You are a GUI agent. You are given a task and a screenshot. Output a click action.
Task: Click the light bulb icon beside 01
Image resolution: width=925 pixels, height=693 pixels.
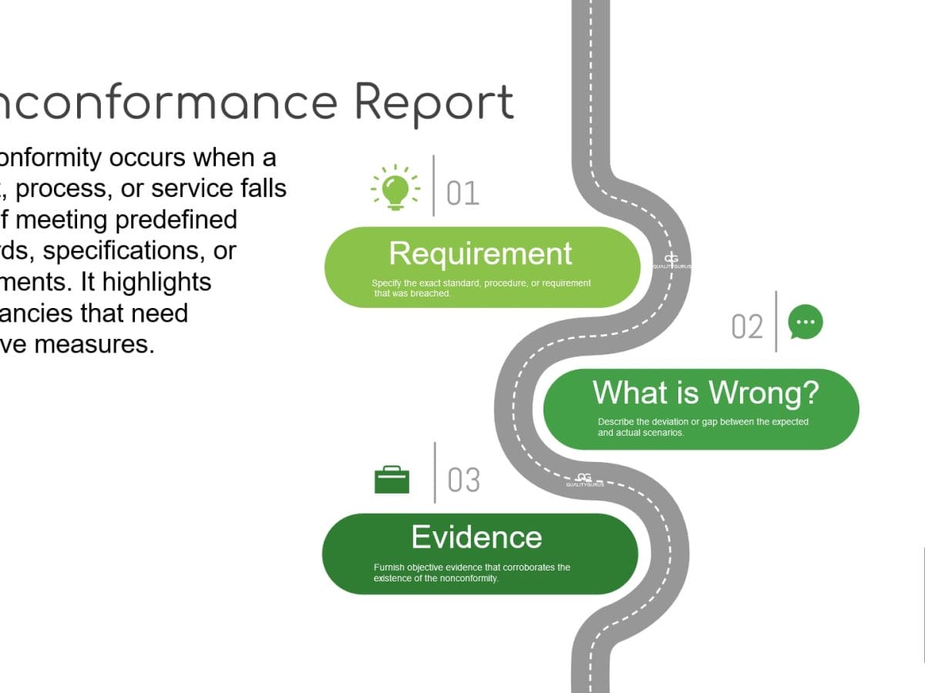(x=395, y=187)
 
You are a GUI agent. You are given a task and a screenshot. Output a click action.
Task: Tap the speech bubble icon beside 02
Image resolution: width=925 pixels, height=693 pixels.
(x=806, y=322)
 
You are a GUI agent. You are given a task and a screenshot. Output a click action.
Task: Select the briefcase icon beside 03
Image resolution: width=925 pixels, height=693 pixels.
(x=392, y=480)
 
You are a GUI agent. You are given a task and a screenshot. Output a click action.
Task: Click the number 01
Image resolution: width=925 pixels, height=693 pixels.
(x=462, y=193)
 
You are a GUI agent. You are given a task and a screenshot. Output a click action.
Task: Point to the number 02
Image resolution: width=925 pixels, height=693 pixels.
(x=747, y=327)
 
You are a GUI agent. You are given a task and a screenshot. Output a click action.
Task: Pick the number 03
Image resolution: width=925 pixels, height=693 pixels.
(x=463, y=480)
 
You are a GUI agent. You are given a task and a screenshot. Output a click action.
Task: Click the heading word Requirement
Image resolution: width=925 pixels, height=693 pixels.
(x=480, y=253)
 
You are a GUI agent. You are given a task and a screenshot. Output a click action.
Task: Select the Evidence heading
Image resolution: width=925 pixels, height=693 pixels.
(x=476, y=537)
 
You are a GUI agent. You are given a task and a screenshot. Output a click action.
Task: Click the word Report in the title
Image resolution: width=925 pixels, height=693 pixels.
(x=433, y=103)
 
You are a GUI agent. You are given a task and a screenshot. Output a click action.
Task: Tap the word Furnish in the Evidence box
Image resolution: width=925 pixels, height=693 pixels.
(x=388, y=567)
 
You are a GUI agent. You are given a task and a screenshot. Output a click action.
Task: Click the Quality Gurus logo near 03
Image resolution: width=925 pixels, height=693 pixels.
(x=584, y=479)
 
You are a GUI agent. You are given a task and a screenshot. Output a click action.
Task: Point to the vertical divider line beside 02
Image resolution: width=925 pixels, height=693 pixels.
(x=776, y=321)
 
